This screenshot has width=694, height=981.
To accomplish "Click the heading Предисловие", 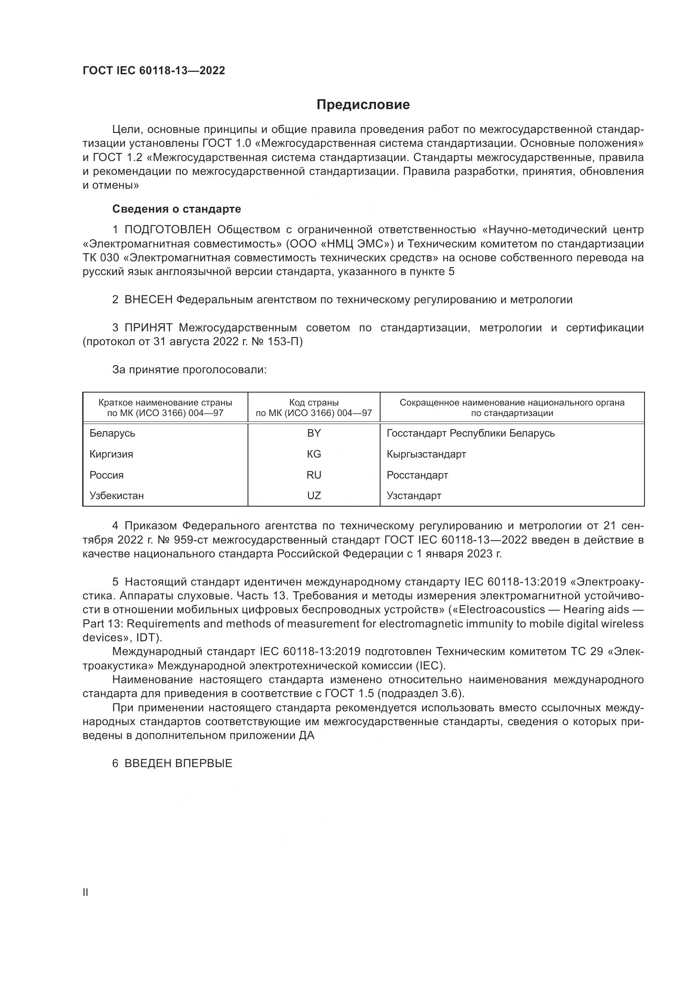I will [363, 105].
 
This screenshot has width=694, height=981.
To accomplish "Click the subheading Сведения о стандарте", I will [177, 209].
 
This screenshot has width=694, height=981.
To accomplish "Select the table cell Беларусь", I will [112, 433].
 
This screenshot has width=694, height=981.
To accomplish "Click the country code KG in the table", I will [314, 454].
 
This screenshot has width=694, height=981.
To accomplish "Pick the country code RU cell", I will [314, 475].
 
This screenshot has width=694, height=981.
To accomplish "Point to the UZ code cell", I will [314, 496].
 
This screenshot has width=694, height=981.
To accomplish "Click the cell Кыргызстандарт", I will [426, 454].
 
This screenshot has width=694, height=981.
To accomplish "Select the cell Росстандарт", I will [417, 475].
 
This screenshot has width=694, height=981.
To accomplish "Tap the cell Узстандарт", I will [414, 496].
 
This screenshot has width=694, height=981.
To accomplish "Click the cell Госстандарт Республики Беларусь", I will [470, 433].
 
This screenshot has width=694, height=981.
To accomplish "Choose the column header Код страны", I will [314, 403].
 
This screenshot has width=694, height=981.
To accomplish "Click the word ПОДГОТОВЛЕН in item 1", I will [167, 230].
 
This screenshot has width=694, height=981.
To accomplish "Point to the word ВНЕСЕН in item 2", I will [148, 300].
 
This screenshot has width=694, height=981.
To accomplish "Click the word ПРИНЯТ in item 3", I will [148, 328].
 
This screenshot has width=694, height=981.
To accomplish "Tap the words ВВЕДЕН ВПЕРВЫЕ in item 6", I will [178, 763].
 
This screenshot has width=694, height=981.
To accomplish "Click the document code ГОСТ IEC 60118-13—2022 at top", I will [154, 70].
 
